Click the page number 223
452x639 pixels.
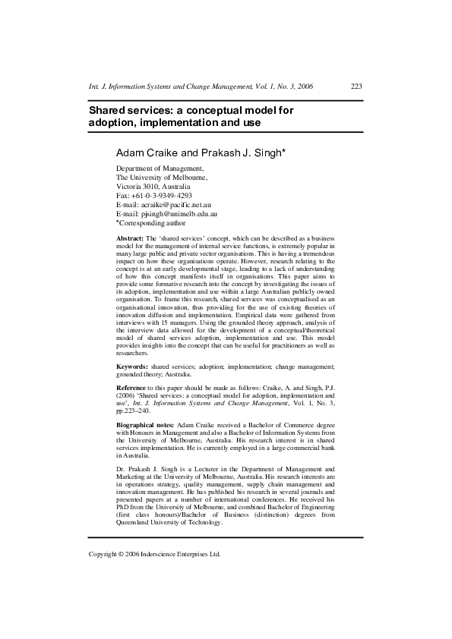[x=356, y=86]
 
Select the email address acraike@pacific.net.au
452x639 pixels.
[x=166, y=205]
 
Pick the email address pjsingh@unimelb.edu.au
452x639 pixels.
[x=166, y=214]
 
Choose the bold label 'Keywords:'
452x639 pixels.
[x=132, y=367]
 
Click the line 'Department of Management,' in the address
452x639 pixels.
[x=160, y=168]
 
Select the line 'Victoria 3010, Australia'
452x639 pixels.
[x=153, y=186]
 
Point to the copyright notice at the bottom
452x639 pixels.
[x=155, y=554]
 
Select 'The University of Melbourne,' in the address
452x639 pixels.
[x=162, y=177]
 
